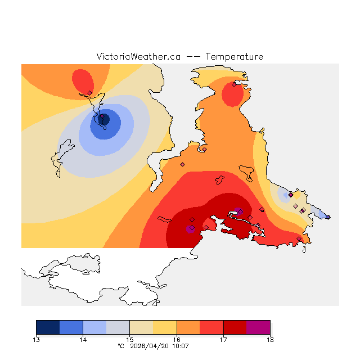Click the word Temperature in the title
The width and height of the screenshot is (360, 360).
point(234,57)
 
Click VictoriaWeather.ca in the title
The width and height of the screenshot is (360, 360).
point(138,57)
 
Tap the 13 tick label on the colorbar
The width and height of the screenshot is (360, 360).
point(37,339)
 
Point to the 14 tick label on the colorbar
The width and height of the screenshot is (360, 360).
point(83,339)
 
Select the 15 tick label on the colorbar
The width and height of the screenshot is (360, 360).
point(130,339)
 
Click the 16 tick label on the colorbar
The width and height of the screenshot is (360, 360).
point(177,339)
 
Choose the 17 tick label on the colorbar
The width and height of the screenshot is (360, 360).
point(223,339)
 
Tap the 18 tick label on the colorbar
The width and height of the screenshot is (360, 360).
point(270,339)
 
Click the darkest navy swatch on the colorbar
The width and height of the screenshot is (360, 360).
point(48,327)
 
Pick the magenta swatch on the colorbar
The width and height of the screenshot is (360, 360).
point(258,327)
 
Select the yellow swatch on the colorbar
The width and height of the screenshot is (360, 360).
point(165,327)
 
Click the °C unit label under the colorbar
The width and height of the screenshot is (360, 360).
point(120,346)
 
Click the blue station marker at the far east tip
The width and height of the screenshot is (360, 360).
point(328,217)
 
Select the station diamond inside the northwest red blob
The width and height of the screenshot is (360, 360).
point(90,93)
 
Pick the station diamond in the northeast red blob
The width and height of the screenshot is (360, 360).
point(234,85)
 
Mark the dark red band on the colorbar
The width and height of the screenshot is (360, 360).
point(235,327)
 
